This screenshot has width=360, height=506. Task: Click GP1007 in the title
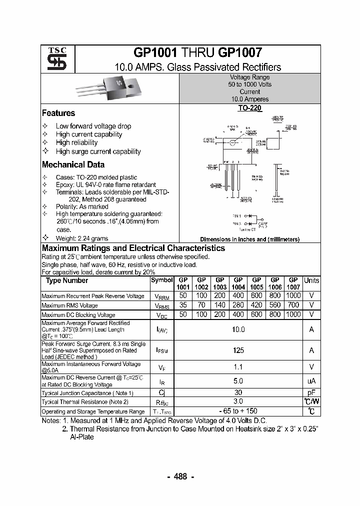(x=238, y=52)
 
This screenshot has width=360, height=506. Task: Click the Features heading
(x=58, y=113)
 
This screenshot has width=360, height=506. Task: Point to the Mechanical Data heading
(x=73, y=164)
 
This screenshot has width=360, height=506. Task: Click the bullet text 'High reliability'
(x=76, y=142)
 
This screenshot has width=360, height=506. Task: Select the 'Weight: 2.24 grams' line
(x=81, y=238)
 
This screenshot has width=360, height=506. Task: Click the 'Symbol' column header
(x=161, y=280)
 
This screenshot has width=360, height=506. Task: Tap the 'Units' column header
(x=311, y=280)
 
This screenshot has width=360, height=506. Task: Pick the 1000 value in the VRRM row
(x=293, y=296)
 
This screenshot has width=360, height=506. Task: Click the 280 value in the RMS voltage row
(x=238, y=305)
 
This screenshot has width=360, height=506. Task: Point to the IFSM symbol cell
(x=161, y=350)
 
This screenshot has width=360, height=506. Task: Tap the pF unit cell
(x=311, y=392)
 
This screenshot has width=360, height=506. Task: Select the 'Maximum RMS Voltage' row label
(x=69, y=305)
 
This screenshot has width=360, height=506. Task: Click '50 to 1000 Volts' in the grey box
(x=249, y=84)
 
